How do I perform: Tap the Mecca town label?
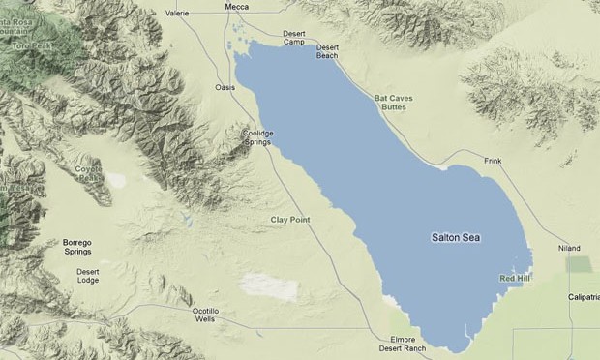[x=236, y=6]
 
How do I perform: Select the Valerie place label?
[x=177, y=14]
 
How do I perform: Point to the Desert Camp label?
[x=294, y=39]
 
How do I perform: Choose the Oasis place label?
[x=225, y=87]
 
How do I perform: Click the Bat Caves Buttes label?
[x=393, y=105]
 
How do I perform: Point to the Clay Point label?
[x=290, y=221]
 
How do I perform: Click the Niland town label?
[x=569, y=248]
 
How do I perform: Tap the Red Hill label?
[x=514, y=279]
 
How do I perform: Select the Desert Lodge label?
[x=88, y=276]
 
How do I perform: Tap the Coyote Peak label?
[x=88, y=172]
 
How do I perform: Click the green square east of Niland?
[x=580, y=264]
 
